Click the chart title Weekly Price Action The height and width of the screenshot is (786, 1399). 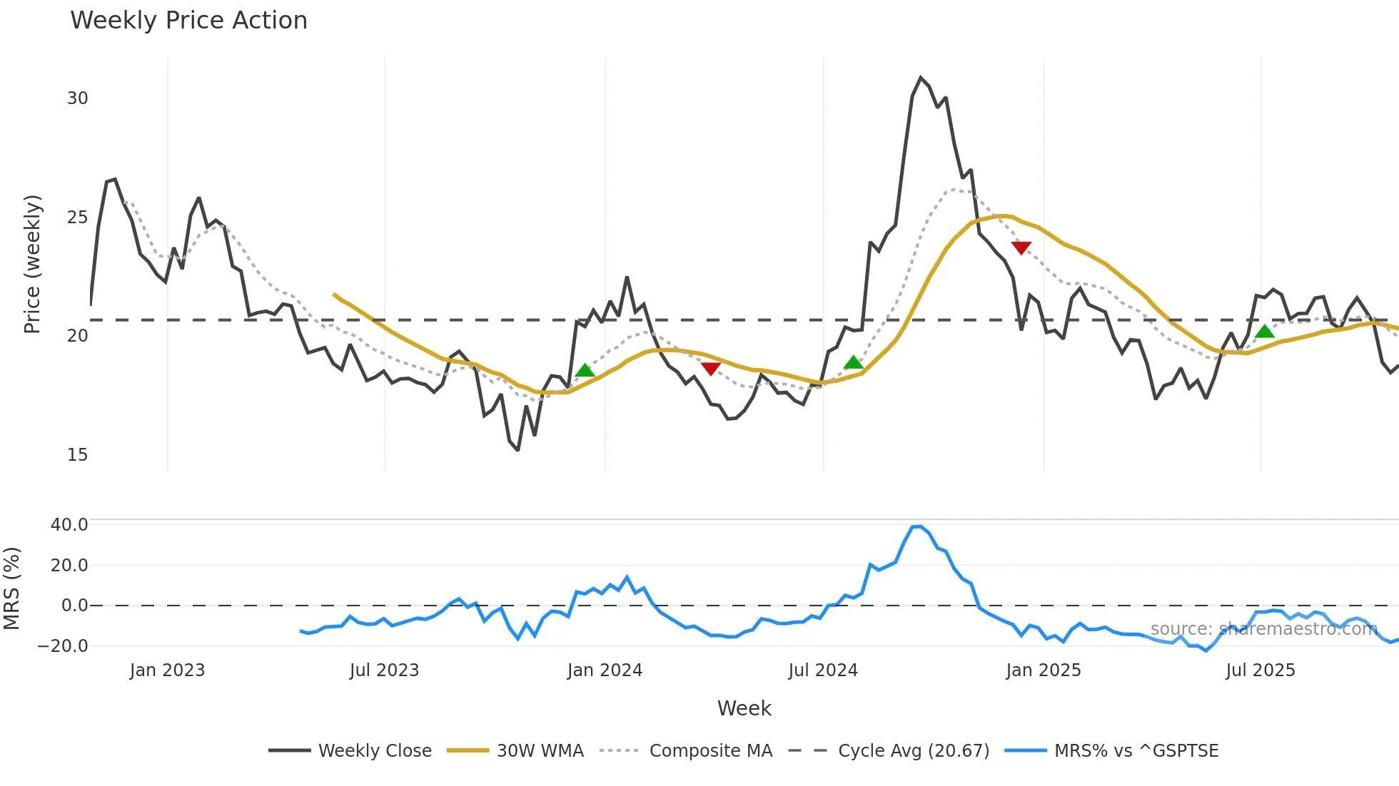pos(188,21)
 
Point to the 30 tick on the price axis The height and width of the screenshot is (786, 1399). pos(77,98)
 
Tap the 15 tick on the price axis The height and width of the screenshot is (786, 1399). pos(77,455)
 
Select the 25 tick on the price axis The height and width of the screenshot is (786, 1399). pos(77,218)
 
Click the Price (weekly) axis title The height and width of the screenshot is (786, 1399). pos(32,264)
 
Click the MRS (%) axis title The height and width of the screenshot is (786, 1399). pos(11,588)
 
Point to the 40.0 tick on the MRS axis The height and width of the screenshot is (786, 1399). pos(69,525)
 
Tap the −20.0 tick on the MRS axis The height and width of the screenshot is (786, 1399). pos(63,646)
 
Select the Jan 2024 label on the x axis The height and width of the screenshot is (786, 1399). pos(605,670)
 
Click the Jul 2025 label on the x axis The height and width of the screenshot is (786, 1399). pos(1260,670)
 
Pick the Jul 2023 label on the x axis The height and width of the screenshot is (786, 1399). pos(384,670)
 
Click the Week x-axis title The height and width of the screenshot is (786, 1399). pos(744,708)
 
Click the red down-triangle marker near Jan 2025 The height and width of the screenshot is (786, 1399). pos(1021,247)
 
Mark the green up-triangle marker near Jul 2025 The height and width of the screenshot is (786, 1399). pos(1265,332)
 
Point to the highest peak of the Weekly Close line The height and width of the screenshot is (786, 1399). pos(921,78)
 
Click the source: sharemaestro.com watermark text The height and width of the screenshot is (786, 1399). pos(1263,629)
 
